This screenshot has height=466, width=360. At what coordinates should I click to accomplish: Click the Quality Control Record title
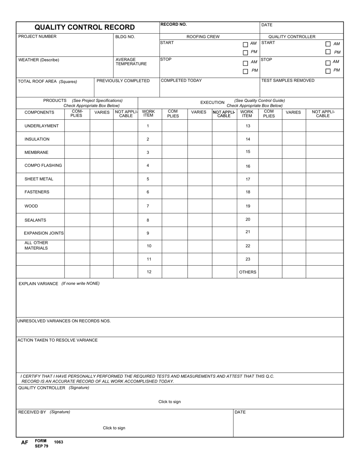85,27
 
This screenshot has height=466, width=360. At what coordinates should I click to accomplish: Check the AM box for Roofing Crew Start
245,44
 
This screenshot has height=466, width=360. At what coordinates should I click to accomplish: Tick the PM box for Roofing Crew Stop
245,71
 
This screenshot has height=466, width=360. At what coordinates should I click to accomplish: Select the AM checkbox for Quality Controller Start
328,44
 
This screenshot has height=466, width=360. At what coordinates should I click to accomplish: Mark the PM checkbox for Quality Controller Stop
328,71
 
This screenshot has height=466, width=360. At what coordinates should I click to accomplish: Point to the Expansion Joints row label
44,233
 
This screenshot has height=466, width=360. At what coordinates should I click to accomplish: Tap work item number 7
148,206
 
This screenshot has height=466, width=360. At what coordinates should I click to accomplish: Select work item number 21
248,232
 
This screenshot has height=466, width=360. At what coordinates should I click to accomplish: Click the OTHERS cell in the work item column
248,272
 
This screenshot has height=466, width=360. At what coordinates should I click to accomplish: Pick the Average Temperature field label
131,62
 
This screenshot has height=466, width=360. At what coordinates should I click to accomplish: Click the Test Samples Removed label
288,81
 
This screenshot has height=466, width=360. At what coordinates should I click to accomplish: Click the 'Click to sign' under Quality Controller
169,402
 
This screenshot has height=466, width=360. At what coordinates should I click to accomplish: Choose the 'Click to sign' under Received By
114,428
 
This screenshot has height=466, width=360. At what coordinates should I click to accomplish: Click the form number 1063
59,442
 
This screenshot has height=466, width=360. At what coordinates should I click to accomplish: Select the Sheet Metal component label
39,179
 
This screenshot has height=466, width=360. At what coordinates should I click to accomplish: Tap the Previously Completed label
123,81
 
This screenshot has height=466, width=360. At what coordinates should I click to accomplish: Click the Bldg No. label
125,37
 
